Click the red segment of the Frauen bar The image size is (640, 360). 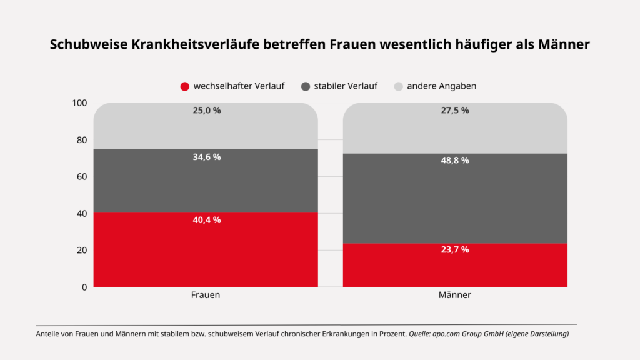tap(206, 249)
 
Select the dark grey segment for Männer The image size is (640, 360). tap(455, 198)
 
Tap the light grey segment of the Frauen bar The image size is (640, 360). tap(206, 126)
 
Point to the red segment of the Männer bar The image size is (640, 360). tap(455, 265)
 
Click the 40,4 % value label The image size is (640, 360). tap(206, 220)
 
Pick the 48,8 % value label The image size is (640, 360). tap(455, 161)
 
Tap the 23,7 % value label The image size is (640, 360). tap(455, 249)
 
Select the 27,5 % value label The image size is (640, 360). tap(455, 110)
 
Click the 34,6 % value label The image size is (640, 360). tap(206, 157)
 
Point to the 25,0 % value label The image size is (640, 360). tap(206, 110)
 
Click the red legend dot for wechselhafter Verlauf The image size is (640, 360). tap(185, 86)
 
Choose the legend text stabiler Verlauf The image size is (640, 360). tap(346, 86)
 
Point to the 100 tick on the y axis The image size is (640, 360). tap(79, 103)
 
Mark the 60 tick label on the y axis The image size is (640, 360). tap(82, 176)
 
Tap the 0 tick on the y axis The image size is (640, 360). tap(84, 287)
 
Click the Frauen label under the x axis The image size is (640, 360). tap(205, 295)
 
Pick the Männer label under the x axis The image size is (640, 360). tap(455, 295)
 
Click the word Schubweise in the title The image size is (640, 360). tap(89, 44)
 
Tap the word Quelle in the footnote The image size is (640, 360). tap(419, 334)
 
